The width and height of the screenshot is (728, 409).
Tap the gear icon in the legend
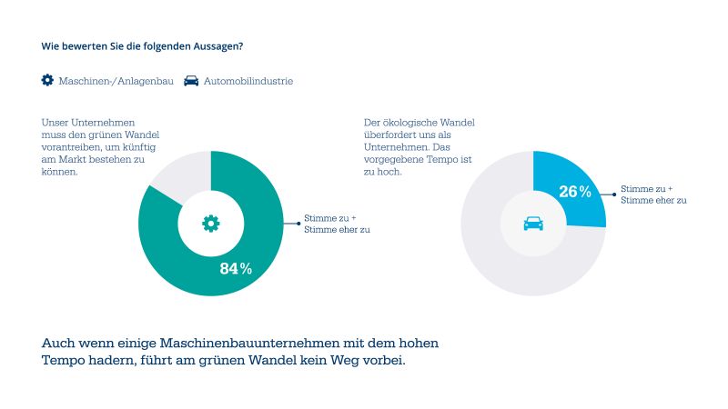(x=47, y=80)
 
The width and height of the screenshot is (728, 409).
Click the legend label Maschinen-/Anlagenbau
(x=116, y=81)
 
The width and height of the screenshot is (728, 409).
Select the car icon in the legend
(x=191, y=80)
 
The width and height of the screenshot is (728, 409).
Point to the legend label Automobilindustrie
(x=248, y=81)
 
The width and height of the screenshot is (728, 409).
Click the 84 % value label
(x=236, y=268)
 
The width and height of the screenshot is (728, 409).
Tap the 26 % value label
(x=574, y=192)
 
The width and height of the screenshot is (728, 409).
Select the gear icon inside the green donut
(x=210, y=223)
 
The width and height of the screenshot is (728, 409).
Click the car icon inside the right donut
(x=533, y=223)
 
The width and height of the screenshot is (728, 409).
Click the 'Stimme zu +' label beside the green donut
(x=329, y=218)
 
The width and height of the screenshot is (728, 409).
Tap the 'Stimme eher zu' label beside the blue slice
(x=653, y=200)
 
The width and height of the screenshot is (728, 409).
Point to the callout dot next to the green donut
(x=298, y=224)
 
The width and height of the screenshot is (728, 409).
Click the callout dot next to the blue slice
(x=612, y=194)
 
